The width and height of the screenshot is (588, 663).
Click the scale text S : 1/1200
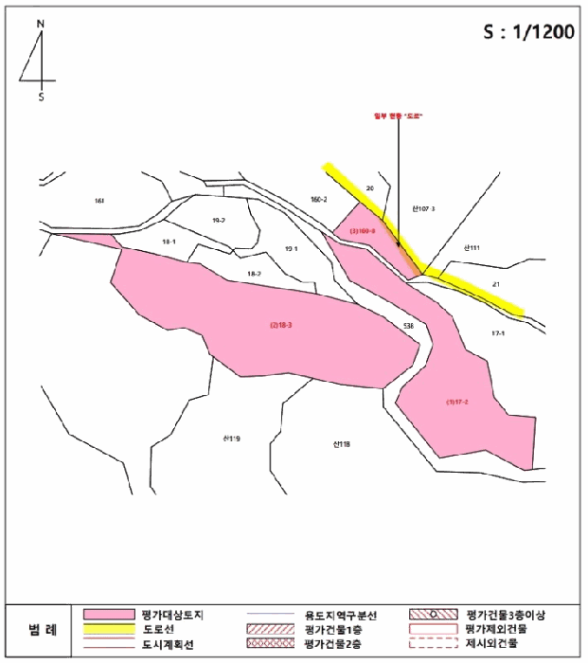[528, 32]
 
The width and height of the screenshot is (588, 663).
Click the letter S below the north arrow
[41, 96]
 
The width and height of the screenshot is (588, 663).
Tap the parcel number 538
[409, 325]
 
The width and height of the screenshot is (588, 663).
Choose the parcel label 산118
[342, 442]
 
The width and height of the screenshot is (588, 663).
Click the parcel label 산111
[472, 247]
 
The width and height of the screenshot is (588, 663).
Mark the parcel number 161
[99, 201]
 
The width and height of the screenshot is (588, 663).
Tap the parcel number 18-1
[169, 242]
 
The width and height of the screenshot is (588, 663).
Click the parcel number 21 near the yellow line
[496, 283]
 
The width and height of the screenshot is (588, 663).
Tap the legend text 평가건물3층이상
[508, 615]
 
